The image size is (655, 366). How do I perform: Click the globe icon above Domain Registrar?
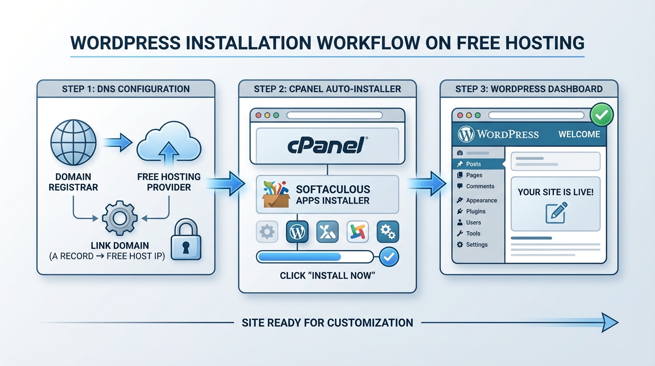73,142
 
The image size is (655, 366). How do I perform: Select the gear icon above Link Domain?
119,218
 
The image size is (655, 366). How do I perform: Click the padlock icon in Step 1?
184,240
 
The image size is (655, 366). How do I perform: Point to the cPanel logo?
327,145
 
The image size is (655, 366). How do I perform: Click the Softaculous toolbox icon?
276,194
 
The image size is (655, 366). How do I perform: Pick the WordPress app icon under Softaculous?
297,232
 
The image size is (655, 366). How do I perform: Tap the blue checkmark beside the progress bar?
389,257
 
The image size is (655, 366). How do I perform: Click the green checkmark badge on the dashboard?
601,115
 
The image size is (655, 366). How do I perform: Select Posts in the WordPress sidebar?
473,164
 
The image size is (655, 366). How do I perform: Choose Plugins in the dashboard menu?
476,211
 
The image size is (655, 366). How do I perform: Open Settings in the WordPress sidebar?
476,244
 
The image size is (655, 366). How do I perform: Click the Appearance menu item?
481,200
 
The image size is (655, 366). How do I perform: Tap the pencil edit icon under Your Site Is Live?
556,212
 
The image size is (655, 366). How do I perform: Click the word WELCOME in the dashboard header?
579,134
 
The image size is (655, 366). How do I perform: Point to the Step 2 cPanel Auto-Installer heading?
327,89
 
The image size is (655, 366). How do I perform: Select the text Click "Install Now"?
327,275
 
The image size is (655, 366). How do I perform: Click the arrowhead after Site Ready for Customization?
609,323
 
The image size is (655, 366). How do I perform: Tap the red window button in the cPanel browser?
259,115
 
